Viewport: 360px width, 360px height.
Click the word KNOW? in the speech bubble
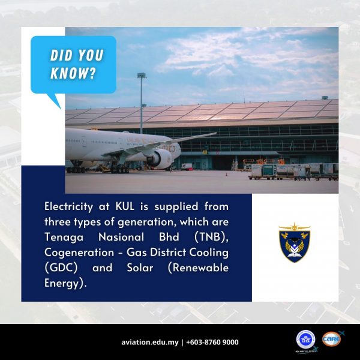[73, 73]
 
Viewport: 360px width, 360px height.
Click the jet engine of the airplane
[159, 158]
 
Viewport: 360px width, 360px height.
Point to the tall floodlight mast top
[142, 76]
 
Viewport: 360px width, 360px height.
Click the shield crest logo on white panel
[295, 242]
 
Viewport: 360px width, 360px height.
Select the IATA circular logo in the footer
[305, 340]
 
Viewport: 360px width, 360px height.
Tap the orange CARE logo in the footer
[332, 339]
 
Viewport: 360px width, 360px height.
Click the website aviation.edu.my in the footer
[150, 343]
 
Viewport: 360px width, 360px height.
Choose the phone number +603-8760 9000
[212, 343]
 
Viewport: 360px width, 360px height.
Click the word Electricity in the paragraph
[68, 206]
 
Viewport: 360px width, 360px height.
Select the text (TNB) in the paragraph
[211, 237]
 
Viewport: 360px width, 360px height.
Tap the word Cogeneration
[79, 253]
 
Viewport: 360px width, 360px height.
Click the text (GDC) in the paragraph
[61, 268]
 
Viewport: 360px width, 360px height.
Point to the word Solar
[140, 268]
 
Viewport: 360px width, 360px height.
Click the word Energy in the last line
[62, 283]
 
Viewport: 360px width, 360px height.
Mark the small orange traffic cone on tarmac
[226, 175]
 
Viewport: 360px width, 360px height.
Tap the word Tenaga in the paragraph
[64, 238]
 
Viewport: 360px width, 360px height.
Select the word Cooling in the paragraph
[209, 253]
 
